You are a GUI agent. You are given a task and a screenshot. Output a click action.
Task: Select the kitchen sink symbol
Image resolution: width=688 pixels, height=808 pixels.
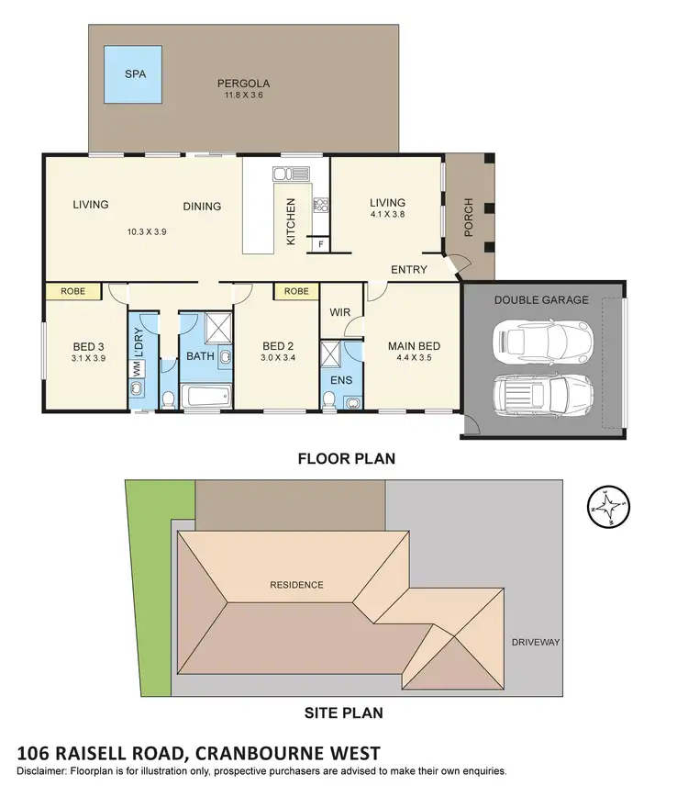285,173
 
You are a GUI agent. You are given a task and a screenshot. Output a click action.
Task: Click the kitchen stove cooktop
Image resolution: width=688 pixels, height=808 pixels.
321,206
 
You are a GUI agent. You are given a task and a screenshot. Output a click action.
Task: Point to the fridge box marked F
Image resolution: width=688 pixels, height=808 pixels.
319,243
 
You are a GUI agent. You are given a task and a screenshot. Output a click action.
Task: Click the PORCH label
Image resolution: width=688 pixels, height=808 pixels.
469,217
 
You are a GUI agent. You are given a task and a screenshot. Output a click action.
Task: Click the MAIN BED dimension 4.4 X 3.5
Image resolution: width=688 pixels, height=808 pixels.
414,358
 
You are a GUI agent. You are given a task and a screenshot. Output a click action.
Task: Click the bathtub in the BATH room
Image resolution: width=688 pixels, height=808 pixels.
206,398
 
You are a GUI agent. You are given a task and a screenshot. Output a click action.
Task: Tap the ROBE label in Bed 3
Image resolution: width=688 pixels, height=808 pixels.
73,291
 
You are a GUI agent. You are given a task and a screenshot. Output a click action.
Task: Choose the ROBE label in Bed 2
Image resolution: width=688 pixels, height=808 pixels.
296,291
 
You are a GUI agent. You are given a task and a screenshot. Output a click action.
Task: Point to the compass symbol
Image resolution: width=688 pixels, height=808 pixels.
609,505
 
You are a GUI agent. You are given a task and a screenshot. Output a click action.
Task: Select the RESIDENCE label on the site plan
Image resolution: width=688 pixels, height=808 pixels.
296,585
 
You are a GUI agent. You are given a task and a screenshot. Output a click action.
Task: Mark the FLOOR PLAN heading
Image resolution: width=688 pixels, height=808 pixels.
347,458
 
